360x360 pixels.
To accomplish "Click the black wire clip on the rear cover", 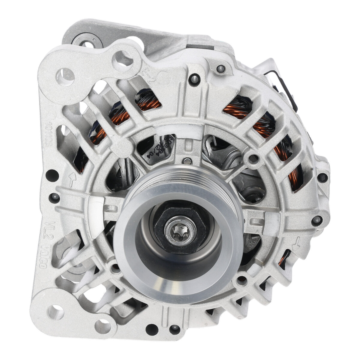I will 285,90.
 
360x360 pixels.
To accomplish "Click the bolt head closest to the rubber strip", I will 221,69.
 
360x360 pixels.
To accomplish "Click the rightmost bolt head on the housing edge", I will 322,177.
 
